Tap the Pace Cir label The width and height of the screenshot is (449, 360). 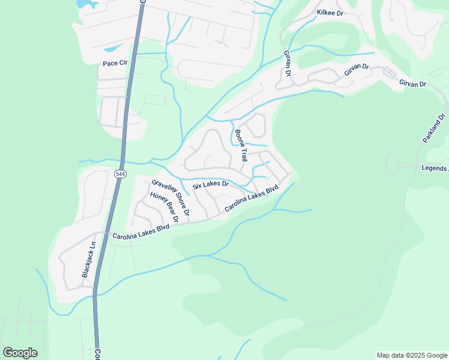(x=115, y=62)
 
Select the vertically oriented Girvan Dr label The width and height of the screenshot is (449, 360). (x=288, y=64)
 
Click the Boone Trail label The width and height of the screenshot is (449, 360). (x=241, y=146)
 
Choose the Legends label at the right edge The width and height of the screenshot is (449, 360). (x=435, y=168)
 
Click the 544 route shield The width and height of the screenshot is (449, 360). (x=120, y=174)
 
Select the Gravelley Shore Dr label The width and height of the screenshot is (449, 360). (x=170, y=197)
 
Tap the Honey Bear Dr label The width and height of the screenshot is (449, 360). (x=164, y=208)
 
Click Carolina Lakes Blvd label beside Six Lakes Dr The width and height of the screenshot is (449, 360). (x=252, y=198)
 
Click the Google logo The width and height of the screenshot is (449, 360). (x=20, y=352)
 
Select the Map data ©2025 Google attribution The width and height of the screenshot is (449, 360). (x=411, y=355)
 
